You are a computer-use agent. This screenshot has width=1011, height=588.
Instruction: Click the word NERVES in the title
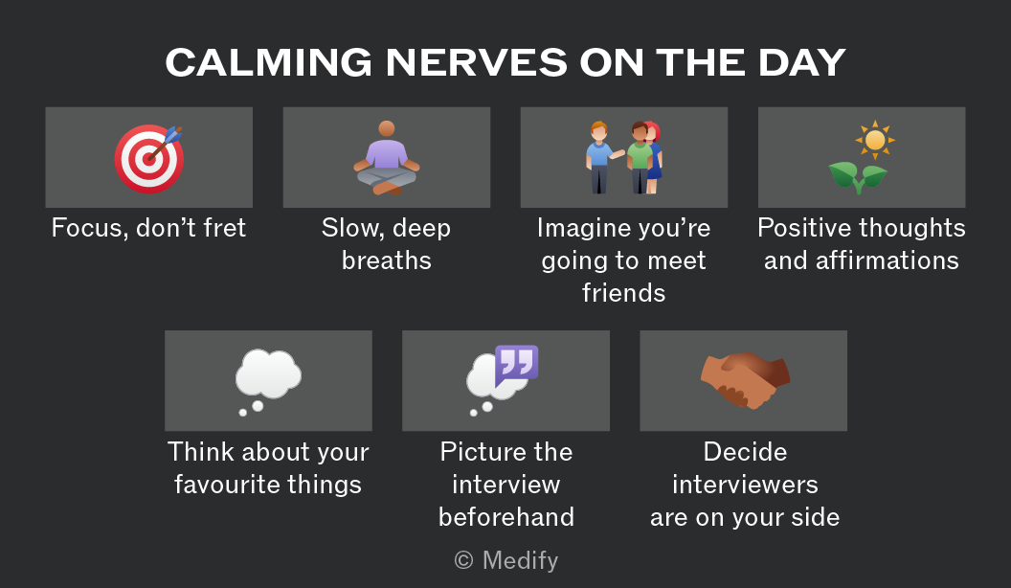477,62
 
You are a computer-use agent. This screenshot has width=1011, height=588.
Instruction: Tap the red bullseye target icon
149,159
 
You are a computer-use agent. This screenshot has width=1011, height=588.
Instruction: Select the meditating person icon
387,157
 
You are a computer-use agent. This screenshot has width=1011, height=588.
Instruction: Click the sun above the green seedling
875,139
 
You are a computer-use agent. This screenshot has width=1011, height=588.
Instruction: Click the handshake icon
746,380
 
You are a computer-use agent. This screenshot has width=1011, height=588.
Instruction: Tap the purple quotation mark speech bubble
516,364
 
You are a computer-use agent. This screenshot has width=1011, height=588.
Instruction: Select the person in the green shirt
639,158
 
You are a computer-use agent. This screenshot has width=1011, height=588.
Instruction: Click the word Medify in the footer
520,560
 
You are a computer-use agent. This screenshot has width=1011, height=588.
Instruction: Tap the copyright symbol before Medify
463,560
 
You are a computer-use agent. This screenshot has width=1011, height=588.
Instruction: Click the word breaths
387,260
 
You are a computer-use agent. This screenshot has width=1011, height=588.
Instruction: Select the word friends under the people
624,293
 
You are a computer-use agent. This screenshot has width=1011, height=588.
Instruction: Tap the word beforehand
506,517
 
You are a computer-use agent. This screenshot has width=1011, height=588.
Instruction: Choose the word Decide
746,452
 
